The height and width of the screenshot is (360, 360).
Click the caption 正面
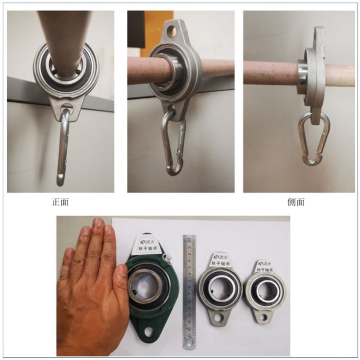(x=60, y=202)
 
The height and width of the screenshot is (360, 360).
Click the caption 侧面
(x=296, y=202)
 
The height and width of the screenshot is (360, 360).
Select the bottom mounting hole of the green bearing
(x=149, y=332)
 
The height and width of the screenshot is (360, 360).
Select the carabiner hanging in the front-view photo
(x=63, y=147)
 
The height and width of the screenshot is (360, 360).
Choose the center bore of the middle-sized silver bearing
(x=219, y=290)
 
